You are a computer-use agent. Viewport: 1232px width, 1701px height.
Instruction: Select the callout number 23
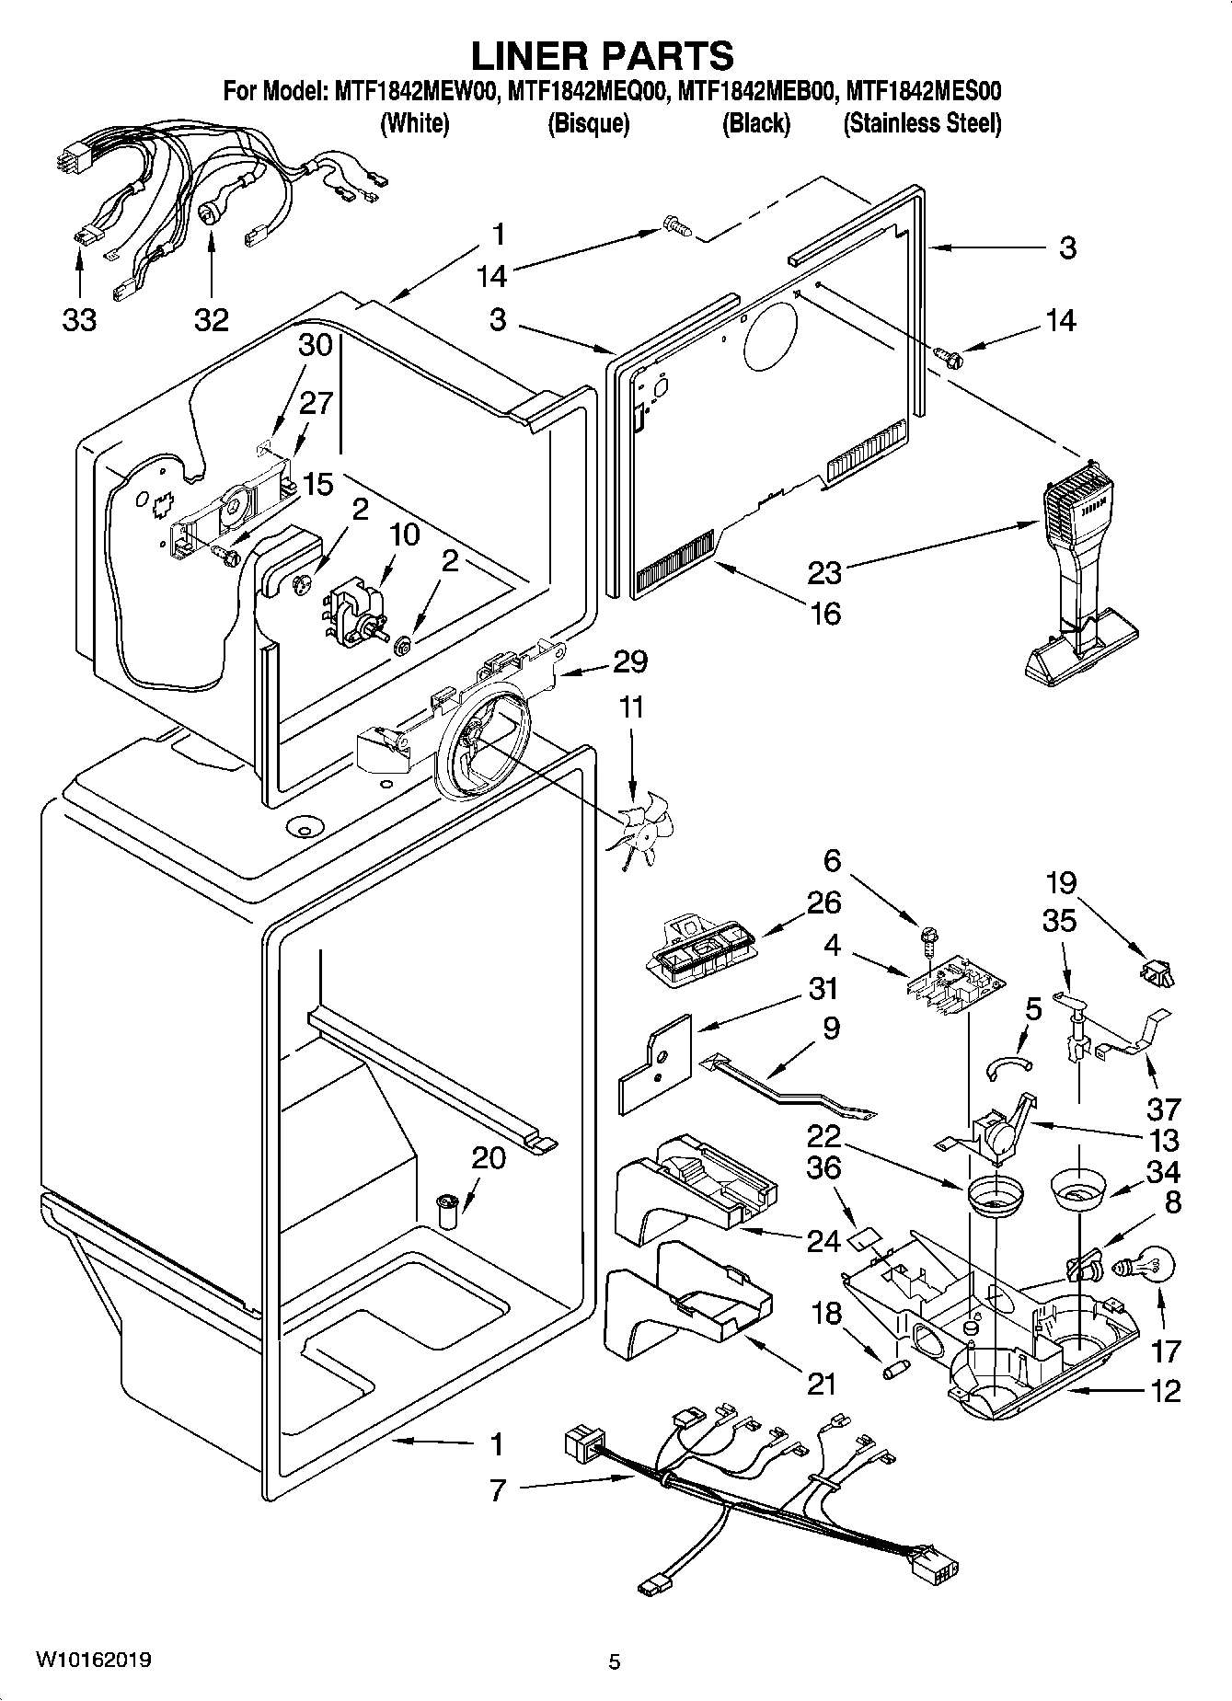tap(824, 572)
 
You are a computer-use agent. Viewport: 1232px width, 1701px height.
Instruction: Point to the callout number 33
tap(80, 319)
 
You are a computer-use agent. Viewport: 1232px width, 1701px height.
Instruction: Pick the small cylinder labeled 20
tap(447, 1212)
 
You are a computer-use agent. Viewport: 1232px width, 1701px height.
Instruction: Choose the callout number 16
tap(825, 613)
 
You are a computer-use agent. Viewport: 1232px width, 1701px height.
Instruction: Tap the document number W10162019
tap(94, 1660)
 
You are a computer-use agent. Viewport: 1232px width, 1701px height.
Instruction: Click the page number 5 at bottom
tap(614, 1661)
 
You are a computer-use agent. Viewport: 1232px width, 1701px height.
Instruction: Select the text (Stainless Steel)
tap(922, 123)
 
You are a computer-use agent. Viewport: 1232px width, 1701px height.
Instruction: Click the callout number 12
tap(1165, 1390)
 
